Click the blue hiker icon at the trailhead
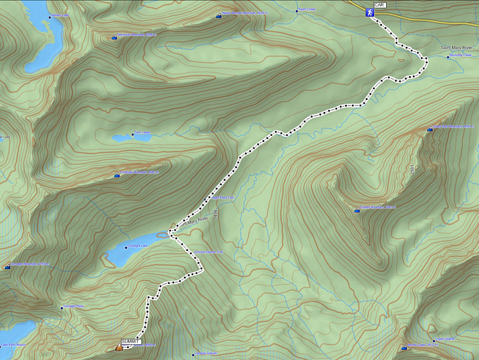coord(370,12)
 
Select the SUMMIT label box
coord(130,341)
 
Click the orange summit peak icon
coord(119,347)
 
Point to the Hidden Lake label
coord(60,15)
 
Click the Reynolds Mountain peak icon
coord(114,37)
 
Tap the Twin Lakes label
coord(141,133)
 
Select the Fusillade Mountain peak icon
coord(117,176)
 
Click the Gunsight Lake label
coord(136,246)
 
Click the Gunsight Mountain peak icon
coord(7,267)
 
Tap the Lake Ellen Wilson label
coord(13,344)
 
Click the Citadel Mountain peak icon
coord(357,210)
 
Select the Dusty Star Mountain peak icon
coord(429,129)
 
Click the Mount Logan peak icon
coord(404,347)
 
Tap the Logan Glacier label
coord(444,339)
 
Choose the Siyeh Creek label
coord(306,10)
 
